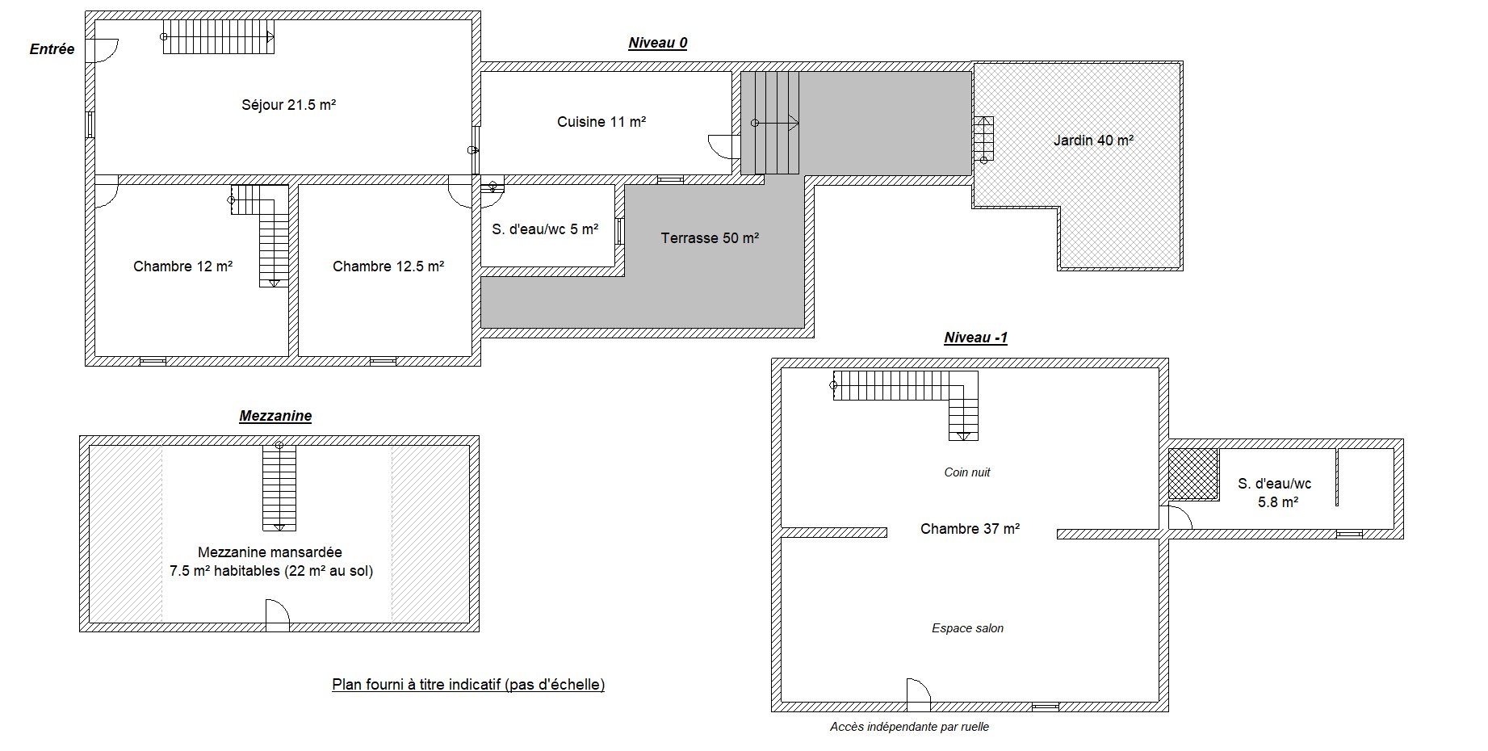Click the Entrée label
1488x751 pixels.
tap(52, 49)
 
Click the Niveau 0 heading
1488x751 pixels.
tap(658, 43)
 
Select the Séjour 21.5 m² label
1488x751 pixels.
tap(288, 104)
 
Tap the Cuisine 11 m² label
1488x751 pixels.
tap(601, 122)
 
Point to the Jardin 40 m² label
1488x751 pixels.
tap(1093, 140)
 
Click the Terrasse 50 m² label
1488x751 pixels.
tap(710, 238)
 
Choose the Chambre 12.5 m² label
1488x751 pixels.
tap(388, 266)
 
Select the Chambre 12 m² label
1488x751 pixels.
tap(183, 266)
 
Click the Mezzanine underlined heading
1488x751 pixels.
tap(275, 416)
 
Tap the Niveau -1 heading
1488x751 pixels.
tap(976, 338)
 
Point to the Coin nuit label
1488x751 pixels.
tap(967, 472)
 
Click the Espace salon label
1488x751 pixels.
tap(967, 628)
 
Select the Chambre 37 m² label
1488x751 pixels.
tap(970, 529)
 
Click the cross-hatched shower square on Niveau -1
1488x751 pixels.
tap(1193, 475)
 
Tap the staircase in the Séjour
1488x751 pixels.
tap(218, 37)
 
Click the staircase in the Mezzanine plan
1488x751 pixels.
tap(279, 487)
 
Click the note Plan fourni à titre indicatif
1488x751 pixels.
tap(468, 685)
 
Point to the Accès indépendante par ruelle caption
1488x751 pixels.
tap(909, 727)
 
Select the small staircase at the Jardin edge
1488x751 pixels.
tap(983, 139)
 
